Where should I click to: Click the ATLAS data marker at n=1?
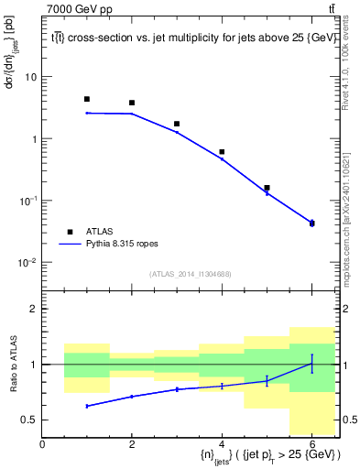[87, 99]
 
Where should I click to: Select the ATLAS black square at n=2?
[132, 103]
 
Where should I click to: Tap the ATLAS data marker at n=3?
[177, 124]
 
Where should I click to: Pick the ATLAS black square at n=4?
[222, 152]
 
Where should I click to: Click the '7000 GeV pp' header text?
[80, 9]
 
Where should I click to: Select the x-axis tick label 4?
[222, 445]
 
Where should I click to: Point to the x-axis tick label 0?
[42, 445]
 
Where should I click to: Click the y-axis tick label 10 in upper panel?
[30, 77]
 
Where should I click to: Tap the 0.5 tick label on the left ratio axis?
[29, 420]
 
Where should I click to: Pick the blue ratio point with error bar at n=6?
[311, 364]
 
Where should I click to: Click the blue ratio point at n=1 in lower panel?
[87, 406]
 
